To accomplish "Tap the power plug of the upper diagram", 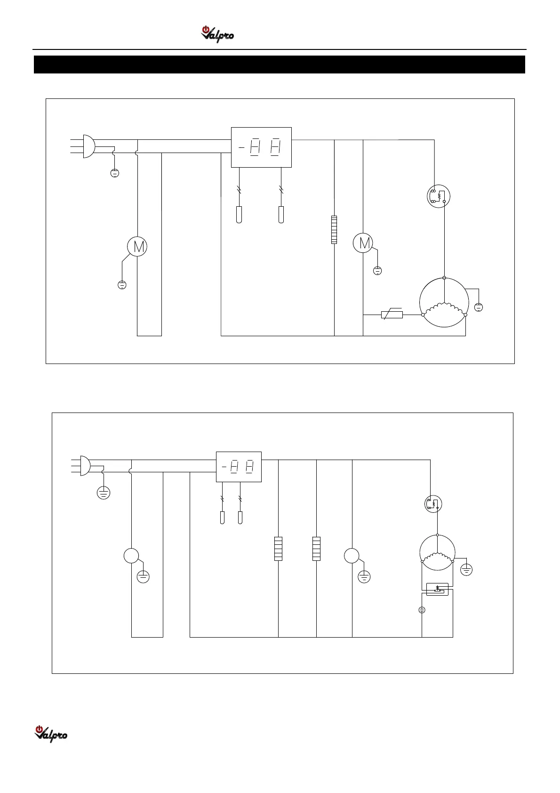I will (88, 146).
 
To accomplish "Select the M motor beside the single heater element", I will (363, 243).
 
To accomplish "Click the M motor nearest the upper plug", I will (137, 246).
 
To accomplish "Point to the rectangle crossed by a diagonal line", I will (392, 314).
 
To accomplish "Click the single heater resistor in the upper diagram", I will (334, 229).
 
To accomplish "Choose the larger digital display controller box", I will (261, 147).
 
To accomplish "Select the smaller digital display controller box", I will (238, 467).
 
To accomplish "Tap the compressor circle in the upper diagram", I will (444, 302).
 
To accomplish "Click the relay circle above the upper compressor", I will (438, 196).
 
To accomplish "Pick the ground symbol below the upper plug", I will (114, 173).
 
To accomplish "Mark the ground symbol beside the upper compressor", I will (479, 307).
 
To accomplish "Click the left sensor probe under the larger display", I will (239, 214).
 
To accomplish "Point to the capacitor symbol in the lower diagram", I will (422, 610).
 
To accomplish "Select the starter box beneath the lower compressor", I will (437, 589).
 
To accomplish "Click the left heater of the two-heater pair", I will (278, 549).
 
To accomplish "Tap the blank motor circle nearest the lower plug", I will (131, 556).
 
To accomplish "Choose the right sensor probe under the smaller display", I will (240, 518).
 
